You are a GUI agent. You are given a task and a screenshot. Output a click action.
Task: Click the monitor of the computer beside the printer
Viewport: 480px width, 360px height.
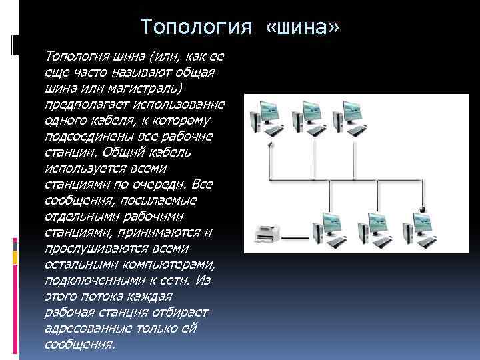point(330,221)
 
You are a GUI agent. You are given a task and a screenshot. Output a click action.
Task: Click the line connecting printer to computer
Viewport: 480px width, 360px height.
point(296,238)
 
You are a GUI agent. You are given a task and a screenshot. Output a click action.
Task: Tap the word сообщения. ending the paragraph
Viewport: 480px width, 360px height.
point(79,343)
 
